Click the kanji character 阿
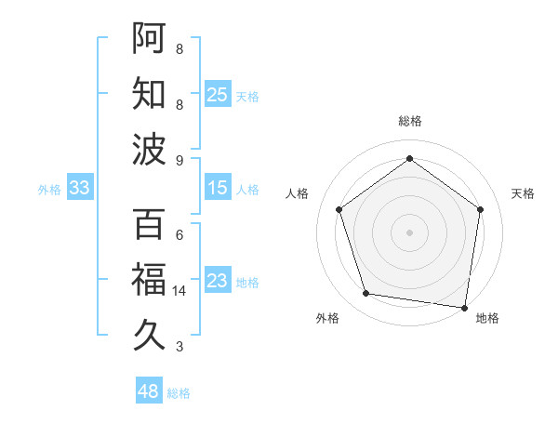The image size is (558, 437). point(149,37)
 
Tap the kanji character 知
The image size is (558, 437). point(149,93)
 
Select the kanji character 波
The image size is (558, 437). point(149,149)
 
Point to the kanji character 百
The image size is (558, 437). point(149,224)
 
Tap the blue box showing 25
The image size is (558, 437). point(218,94)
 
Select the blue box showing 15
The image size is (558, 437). point(218,188)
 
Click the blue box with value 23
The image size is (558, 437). point(218,281)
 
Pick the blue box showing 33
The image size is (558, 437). point(80,188)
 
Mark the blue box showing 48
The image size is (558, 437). point(149,391)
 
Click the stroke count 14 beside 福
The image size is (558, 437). point(179,291)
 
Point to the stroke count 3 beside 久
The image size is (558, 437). point(179,347)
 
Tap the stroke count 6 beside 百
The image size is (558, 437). point(179,234)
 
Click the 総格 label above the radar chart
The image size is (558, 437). point(409,121)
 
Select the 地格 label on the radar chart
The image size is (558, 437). point(487,318)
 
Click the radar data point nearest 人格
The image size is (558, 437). point(339,209)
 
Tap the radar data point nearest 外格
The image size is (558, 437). point(366,294)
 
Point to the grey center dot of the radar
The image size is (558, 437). point(409,232)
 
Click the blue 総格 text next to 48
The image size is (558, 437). point(179,393)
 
